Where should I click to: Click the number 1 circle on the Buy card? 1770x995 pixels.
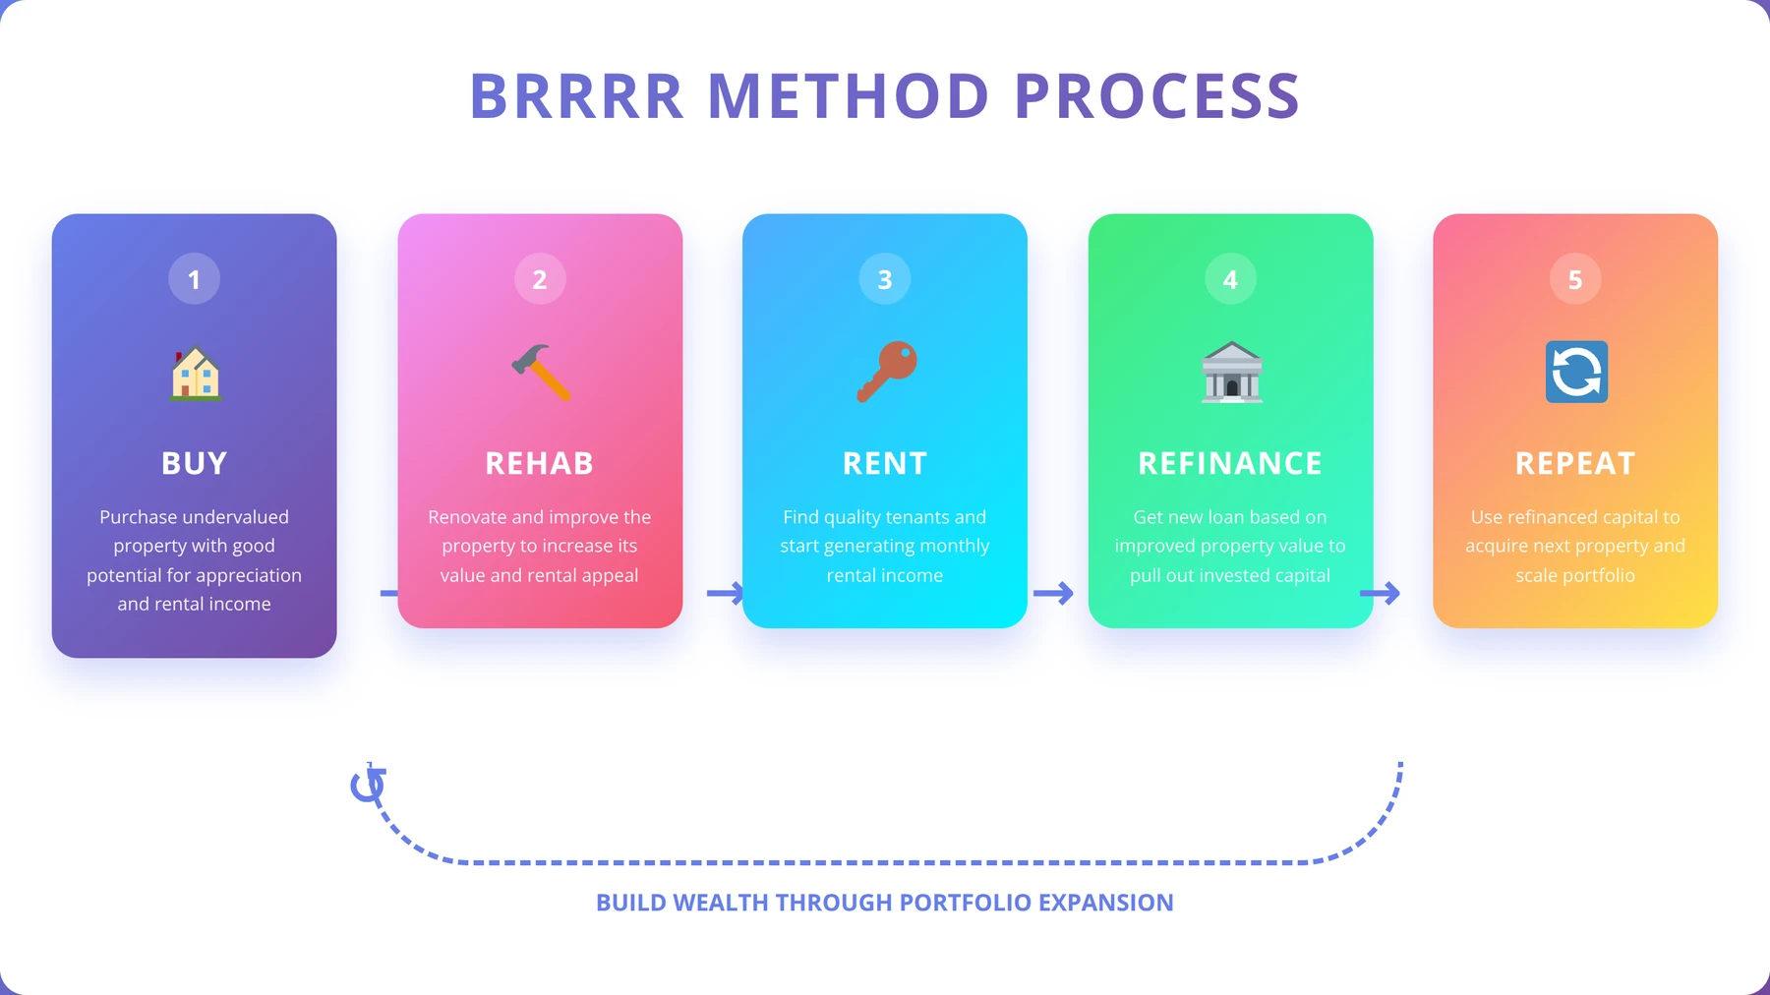tap(194, 279)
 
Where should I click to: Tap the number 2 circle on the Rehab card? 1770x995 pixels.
tap(540, 279)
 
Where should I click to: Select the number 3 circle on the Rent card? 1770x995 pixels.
tap(885, 279)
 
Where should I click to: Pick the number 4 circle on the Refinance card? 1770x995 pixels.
tap(1230, 279)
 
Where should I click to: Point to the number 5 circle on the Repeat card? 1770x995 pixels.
tap(1575, 279)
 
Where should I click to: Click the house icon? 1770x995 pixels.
tap(196, 373)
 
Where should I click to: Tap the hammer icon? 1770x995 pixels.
tap(541, 372)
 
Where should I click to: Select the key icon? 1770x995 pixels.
tap(886, 372)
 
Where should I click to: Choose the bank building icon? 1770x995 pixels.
tap(1232, 372)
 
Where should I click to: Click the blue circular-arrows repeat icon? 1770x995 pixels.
tap(1576, 372)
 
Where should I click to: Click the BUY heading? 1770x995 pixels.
tap(194, 463)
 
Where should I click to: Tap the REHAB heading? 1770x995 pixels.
tap(540, 463)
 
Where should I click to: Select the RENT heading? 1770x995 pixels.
tap(885, 463)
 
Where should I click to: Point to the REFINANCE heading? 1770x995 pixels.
tap(1230, 463)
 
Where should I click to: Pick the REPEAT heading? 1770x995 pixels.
tap(1575, 463)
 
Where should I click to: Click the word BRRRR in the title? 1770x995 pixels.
tap(577, 96)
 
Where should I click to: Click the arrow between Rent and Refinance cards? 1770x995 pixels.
tap(1053, 593)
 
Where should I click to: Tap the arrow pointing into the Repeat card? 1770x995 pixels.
tap(1380, 593)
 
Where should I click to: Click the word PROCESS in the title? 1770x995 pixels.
tap(1157, 96)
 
